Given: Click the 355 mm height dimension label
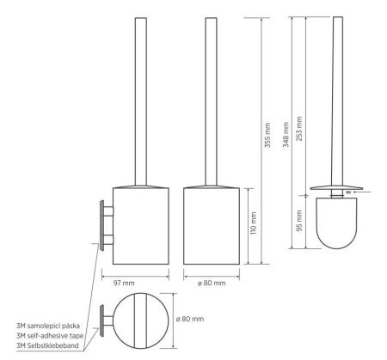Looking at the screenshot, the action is [x=267, y=135].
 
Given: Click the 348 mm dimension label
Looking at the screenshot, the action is [x=286, y=135].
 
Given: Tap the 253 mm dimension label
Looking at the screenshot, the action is [x=299, y=129].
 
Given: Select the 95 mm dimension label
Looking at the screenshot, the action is [x=299, y=221].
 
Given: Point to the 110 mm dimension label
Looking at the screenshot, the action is [x=253, y=223].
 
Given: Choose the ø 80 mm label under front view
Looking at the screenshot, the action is [x=212, y=284].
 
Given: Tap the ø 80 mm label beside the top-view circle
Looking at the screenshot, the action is [x=190, y=319].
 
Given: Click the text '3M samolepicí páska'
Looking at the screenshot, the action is [x=48, y=326].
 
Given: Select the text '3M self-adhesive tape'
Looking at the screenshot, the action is [x=50, y=336].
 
